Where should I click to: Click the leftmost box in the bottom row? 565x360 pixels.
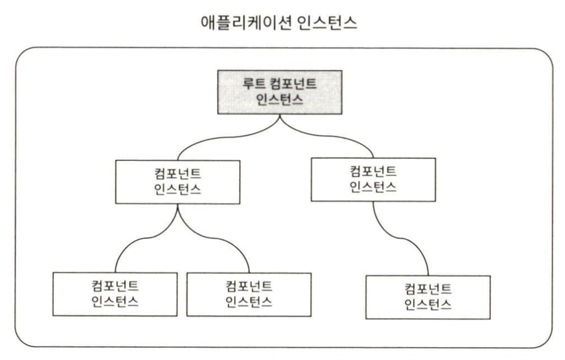pos(115,293)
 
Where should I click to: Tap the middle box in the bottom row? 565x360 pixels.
pos(248,293)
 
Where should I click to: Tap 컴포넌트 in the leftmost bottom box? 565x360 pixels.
pos(115,285)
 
